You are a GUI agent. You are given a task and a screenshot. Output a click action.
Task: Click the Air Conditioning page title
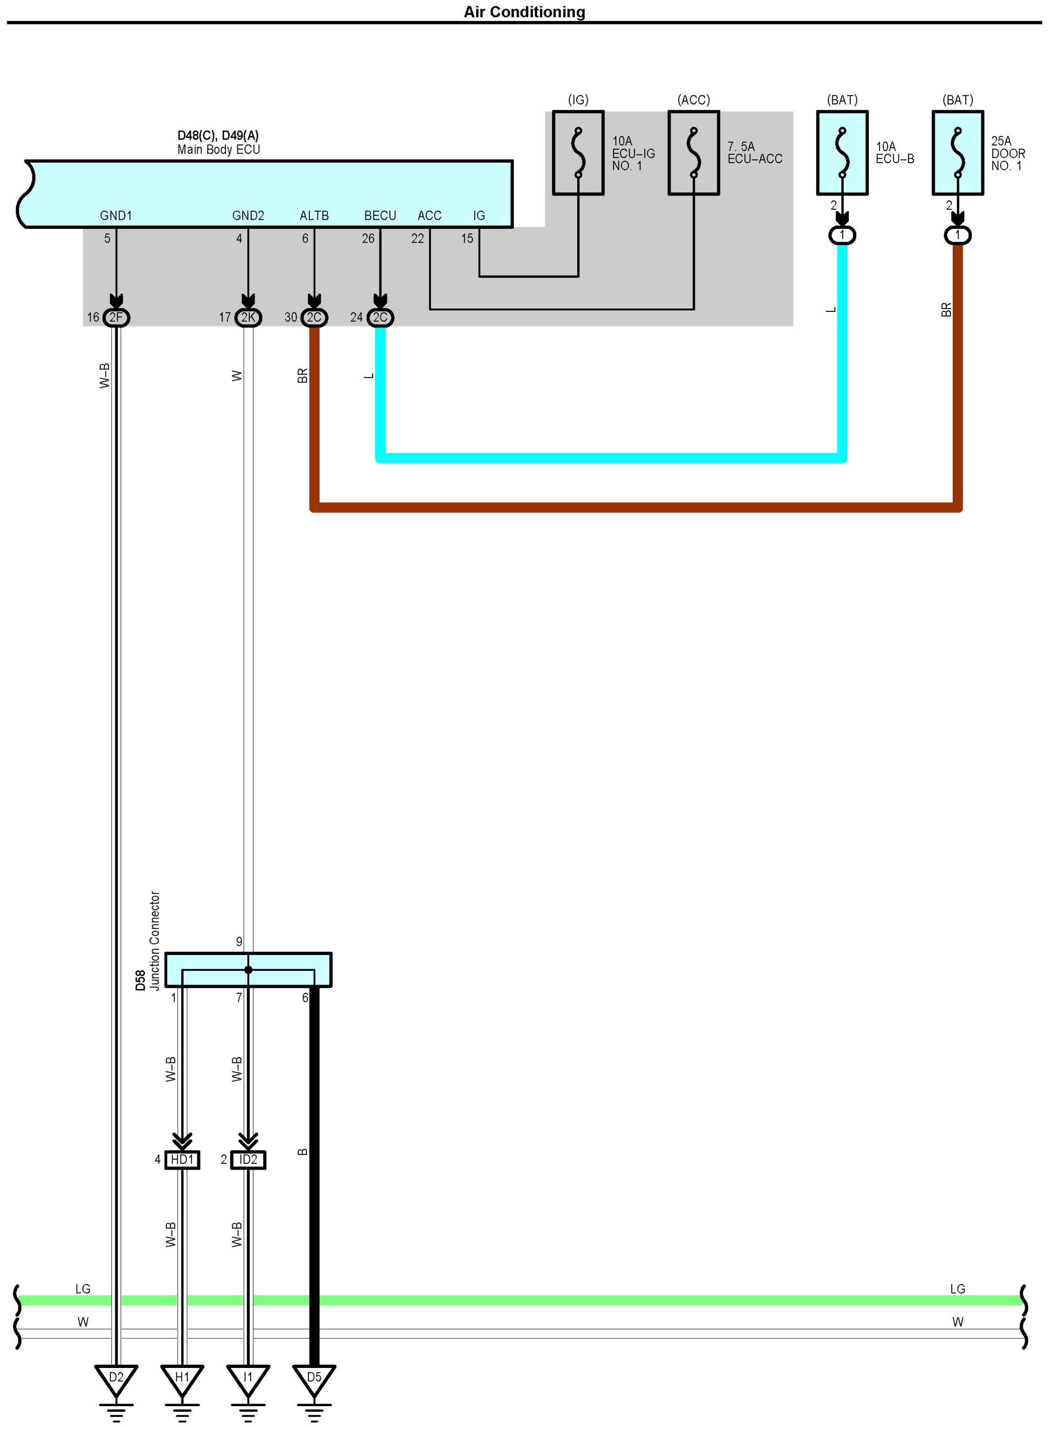524,12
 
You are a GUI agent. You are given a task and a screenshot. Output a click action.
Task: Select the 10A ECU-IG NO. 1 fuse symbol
578,153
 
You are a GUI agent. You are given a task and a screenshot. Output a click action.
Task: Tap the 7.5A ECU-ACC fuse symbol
694,153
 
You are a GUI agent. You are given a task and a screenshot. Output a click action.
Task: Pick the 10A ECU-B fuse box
842,153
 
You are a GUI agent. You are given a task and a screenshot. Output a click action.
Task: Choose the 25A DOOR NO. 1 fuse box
958,153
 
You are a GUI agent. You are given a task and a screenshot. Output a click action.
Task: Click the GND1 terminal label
116,216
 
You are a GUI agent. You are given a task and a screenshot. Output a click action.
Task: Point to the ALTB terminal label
314,216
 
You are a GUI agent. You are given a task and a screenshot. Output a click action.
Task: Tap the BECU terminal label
380,216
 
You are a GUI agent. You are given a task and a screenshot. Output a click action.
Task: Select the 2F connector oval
116,317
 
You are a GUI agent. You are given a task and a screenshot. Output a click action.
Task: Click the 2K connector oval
248,317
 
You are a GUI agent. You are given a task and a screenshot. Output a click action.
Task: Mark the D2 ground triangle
116,1378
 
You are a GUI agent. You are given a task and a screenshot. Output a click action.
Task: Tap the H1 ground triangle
182,1378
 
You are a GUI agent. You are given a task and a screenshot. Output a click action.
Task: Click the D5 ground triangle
314,1378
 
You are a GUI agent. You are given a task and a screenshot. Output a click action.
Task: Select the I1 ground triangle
248,1378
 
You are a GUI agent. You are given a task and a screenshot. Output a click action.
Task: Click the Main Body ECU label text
218,150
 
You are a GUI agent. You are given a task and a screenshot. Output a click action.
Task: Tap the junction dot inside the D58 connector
248,970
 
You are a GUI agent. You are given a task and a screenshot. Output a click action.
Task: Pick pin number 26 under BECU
367,238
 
